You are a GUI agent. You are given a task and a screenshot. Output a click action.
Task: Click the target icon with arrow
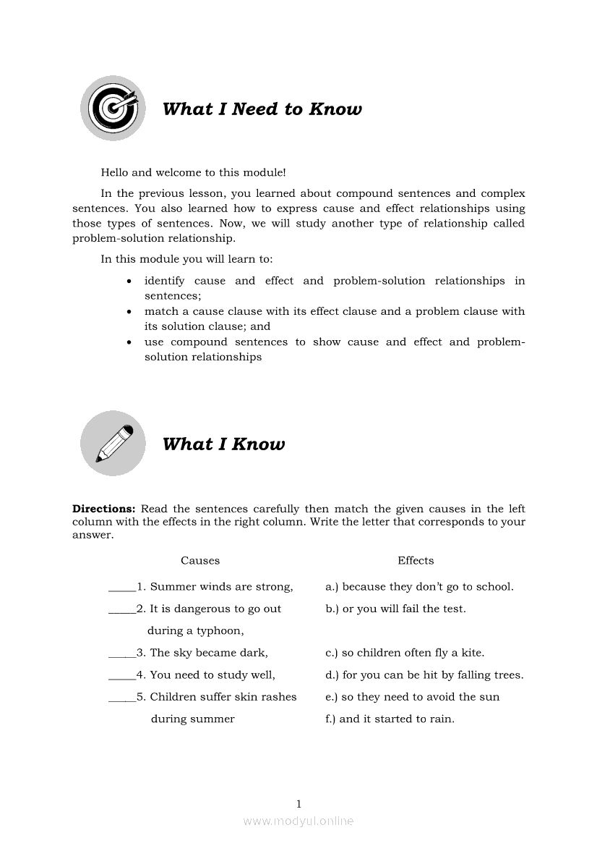[x=113, y=108]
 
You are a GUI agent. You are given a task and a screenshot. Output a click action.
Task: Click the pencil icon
[x=113, y=443]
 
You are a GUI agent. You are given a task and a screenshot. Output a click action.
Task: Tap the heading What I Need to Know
[x=262, y=109]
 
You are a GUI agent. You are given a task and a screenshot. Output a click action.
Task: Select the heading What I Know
[x=223, y=444]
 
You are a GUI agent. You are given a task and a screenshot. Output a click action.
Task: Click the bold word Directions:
[x=104, y=509]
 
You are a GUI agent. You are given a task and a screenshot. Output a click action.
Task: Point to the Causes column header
[x=200, y=561]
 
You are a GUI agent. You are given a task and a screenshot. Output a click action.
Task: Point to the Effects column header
[x=416, y=561]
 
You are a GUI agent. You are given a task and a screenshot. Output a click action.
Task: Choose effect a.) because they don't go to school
[x=419, y=587]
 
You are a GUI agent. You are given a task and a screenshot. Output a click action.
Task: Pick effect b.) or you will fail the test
[x=395, y=609]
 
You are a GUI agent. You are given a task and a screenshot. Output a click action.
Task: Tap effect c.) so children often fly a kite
[x=405, y=653]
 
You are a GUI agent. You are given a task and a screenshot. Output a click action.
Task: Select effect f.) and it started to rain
[x=390, y=719]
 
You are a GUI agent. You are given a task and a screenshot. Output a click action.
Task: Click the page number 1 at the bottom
[x=298, y=803]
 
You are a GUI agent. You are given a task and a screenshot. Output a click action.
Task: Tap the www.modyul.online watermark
[x=298, y=821]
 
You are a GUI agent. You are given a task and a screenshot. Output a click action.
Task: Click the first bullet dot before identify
[x=129, y=282]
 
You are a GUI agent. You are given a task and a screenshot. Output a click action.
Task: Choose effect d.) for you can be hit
[x=424, y=675]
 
